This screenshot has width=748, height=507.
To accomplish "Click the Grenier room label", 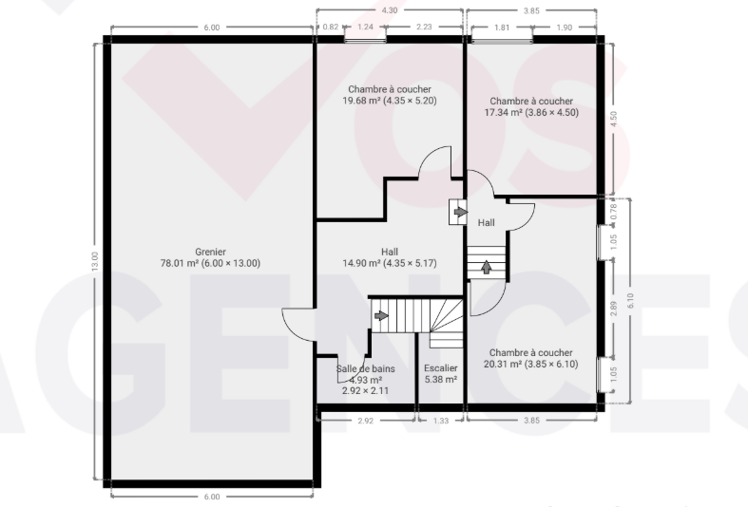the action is [x=210, y=252].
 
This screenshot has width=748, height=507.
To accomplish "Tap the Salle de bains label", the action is [x=365, y=368].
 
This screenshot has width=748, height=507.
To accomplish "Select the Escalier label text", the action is [x=441, y=367].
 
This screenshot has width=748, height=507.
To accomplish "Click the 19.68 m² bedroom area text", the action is [x=390, y=101].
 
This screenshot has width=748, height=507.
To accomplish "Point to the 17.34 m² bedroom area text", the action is [x=531, y=112].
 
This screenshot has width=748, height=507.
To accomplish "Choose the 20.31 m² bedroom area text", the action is [x=531, y=364].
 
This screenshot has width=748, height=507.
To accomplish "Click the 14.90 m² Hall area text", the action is [x=390, y=263].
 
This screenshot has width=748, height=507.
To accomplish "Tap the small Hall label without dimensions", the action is [x=486, y=222].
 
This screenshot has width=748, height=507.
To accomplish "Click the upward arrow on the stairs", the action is [x=486, y=267].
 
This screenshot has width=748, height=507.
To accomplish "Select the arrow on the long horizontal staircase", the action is [x=381, y=315].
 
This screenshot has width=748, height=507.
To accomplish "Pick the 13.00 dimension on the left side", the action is [x=94, y=262].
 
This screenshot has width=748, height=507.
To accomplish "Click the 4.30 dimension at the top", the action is [x=390, y=10].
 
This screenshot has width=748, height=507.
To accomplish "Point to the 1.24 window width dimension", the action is [x=365, y=28].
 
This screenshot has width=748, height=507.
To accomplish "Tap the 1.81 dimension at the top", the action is [x=502, y=28].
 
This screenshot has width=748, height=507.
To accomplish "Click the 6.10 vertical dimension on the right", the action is [x=630, y=300].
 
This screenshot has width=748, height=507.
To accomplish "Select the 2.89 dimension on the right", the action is [x=614, y=309].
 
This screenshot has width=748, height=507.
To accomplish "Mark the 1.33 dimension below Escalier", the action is [x=441, y=421].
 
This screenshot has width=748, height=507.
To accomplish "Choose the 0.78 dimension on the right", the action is [x=614, y=211].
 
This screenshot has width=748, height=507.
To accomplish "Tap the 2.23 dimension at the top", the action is [x=424, y=28].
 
